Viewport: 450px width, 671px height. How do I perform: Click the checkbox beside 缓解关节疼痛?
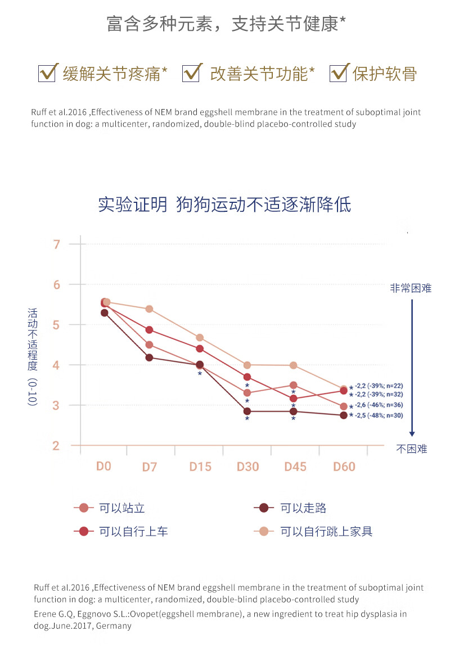[47, 73]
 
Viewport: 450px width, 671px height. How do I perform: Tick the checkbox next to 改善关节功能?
[191, 73]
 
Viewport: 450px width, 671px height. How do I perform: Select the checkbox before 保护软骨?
[337, 73]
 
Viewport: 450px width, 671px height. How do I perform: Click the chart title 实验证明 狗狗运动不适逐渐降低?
[224, 204]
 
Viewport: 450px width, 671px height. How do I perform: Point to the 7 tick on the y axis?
[56, 244]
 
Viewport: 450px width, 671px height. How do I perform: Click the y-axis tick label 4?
[56, 365]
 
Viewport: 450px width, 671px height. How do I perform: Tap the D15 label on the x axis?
[200, 467]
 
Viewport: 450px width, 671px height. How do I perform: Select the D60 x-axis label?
[344, 467]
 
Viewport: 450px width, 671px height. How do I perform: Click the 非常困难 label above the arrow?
[411, 288]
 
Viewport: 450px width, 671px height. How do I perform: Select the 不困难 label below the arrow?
[412, 449]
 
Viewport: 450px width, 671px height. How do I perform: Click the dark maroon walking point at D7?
[149, 357]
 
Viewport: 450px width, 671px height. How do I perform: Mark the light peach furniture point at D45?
[293, 365]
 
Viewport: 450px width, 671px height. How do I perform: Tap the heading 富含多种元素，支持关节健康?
[226, 24]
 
